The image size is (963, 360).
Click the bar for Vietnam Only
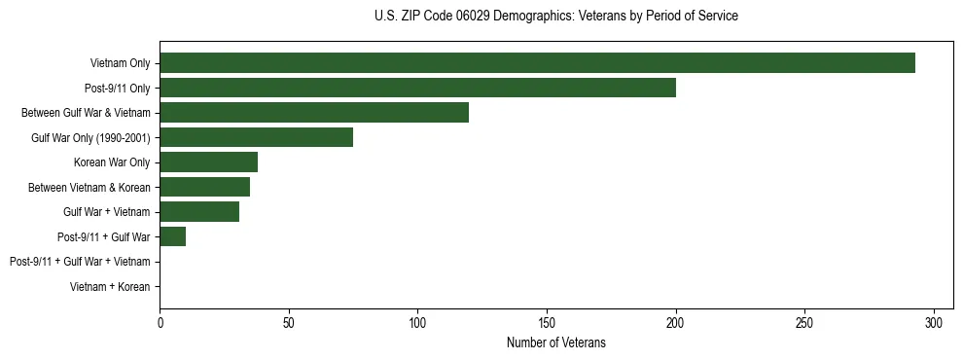pos(537,63)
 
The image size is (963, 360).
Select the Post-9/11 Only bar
pos(417,88)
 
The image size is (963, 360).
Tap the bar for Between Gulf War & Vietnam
pos(314,113)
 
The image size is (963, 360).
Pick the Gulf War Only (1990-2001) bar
pos(256,137)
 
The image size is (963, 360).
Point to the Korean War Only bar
pos(208,162)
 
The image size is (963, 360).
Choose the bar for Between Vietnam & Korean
pos(204,187)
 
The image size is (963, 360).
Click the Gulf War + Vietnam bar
pos(199,211)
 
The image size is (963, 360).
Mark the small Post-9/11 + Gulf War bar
pos(172,236)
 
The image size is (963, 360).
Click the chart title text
pos(555,17)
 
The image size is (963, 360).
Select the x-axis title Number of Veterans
pos(555,342)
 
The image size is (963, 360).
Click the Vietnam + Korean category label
pos(110,286)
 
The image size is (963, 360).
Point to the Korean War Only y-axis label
pos(112,162)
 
